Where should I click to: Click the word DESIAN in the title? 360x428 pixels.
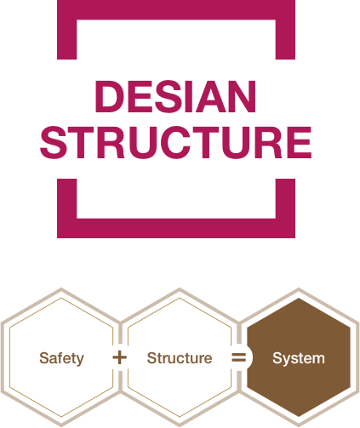coord(175,96)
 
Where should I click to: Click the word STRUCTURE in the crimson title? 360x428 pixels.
coord(176,142)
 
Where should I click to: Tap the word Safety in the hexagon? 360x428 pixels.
coord(61,358)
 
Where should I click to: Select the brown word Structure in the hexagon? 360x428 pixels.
coord(180,358)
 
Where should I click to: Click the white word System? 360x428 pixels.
coord(299,358)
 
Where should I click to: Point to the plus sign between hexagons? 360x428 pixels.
coord(120,357)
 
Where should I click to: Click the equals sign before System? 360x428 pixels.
coord(239,357)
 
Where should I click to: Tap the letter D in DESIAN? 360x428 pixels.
coord(110,96)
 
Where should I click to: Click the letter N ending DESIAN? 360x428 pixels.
coord(242,96)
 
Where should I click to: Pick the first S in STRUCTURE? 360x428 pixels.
coord(54,142)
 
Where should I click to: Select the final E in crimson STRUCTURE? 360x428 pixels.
coord(300,142)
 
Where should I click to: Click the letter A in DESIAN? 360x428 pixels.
coord(211,96)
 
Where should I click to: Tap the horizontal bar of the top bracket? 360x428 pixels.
coord(176,10)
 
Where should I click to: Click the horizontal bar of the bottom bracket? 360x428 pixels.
coord(176,228)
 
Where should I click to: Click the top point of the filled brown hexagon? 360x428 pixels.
coord(299,299)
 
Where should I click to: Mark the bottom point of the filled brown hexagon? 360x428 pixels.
coord(299,416)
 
